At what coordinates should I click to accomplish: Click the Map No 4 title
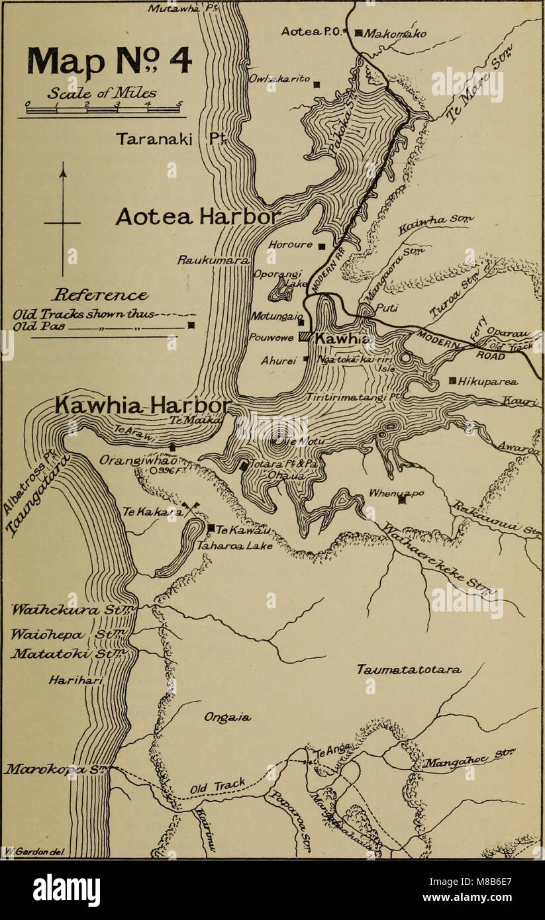point(109,61)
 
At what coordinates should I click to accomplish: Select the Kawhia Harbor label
point(143,404)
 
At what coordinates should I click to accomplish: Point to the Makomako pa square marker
point(358,32)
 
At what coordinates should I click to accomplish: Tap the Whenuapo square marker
point(401,500)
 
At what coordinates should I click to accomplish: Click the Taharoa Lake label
point(226,547)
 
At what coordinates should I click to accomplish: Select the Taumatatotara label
point(409,670)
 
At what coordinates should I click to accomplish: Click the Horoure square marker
point(321,246)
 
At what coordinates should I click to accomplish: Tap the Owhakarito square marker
point(317,84)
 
